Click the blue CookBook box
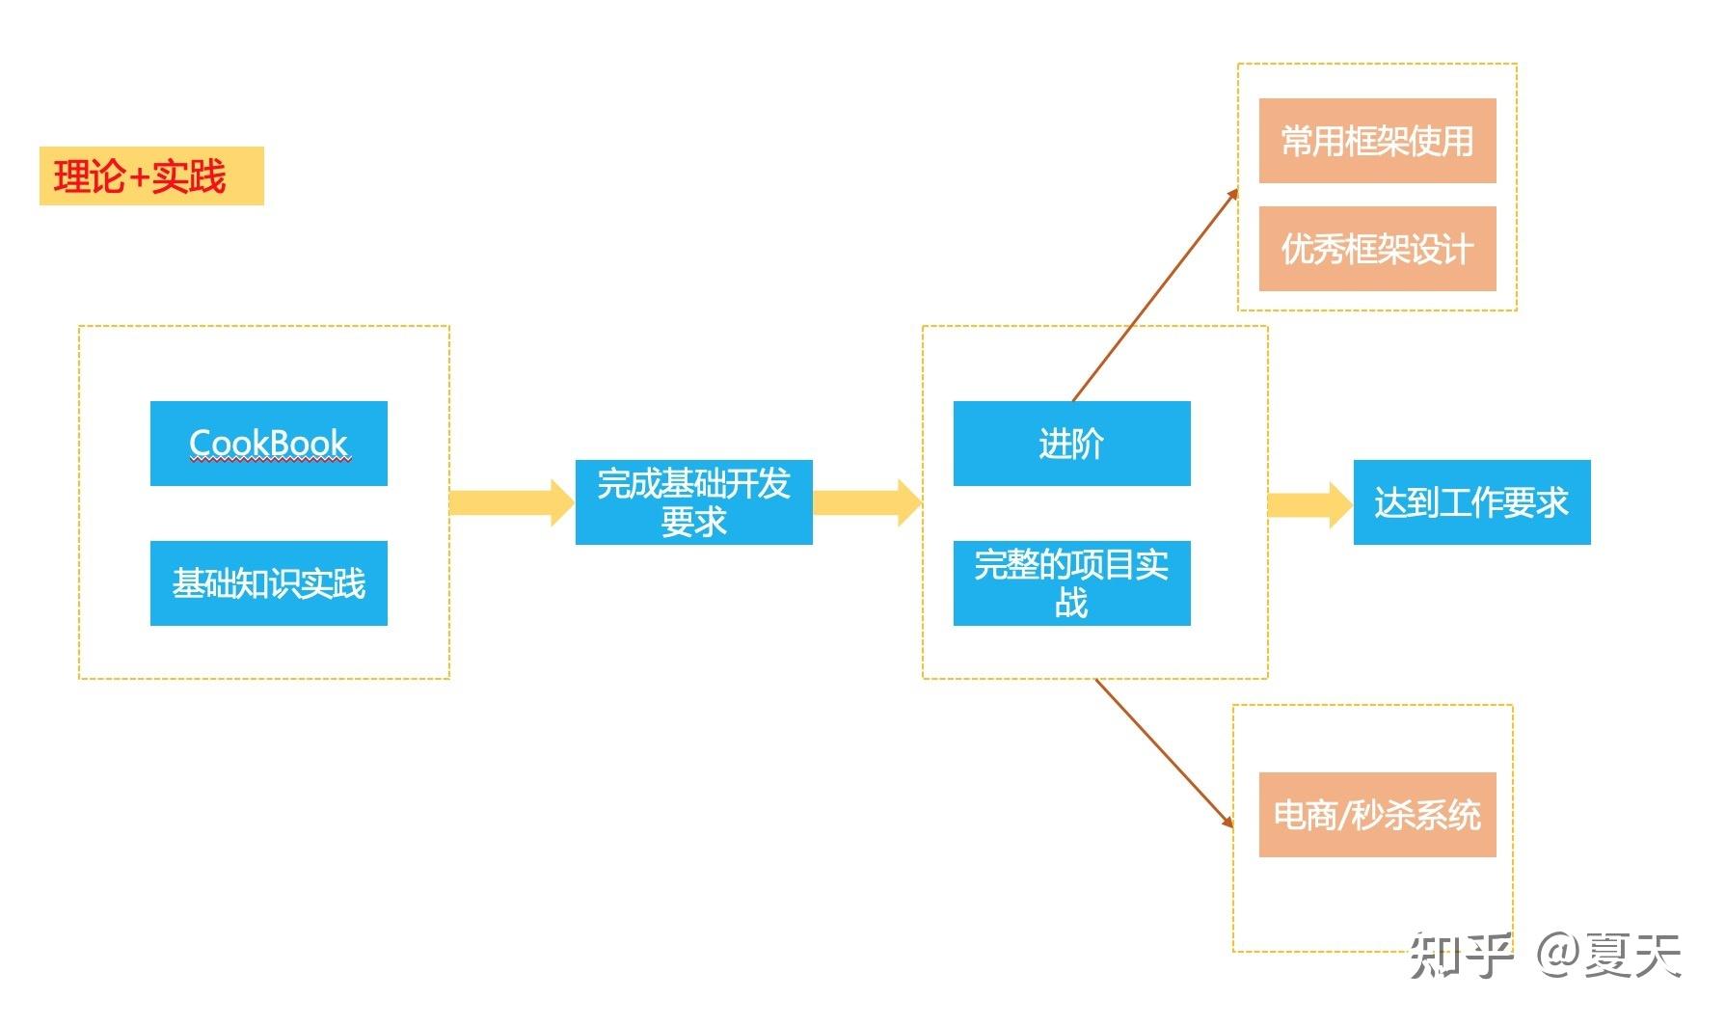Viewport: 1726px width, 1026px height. pos(269,444)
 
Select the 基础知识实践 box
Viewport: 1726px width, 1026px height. pos(269,583)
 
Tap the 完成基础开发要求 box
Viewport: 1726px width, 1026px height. pos(694,502)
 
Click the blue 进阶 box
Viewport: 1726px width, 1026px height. pos(1072,444)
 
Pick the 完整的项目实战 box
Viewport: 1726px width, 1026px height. pos(1072,583)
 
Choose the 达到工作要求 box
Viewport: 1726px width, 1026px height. pos(1472,502)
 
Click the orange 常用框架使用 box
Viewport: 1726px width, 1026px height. pos(1378,141)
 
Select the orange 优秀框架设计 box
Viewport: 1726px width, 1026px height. pos(1378,249)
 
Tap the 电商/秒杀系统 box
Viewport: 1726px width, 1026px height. pos(1378,815)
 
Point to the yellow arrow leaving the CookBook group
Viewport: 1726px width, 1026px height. pos(512,502)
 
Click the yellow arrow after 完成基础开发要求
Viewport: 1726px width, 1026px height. pos(868,502)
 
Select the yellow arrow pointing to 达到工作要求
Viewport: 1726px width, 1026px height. pos(1310,504)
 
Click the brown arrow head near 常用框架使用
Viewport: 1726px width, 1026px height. pos(1232,194)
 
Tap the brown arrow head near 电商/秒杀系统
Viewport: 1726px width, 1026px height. pos(1227,822)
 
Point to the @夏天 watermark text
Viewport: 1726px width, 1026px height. pos(1609,956)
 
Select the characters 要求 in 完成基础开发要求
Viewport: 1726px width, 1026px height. pos(694,522)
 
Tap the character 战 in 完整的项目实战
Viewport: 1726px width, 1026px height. pos(1071,603)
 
